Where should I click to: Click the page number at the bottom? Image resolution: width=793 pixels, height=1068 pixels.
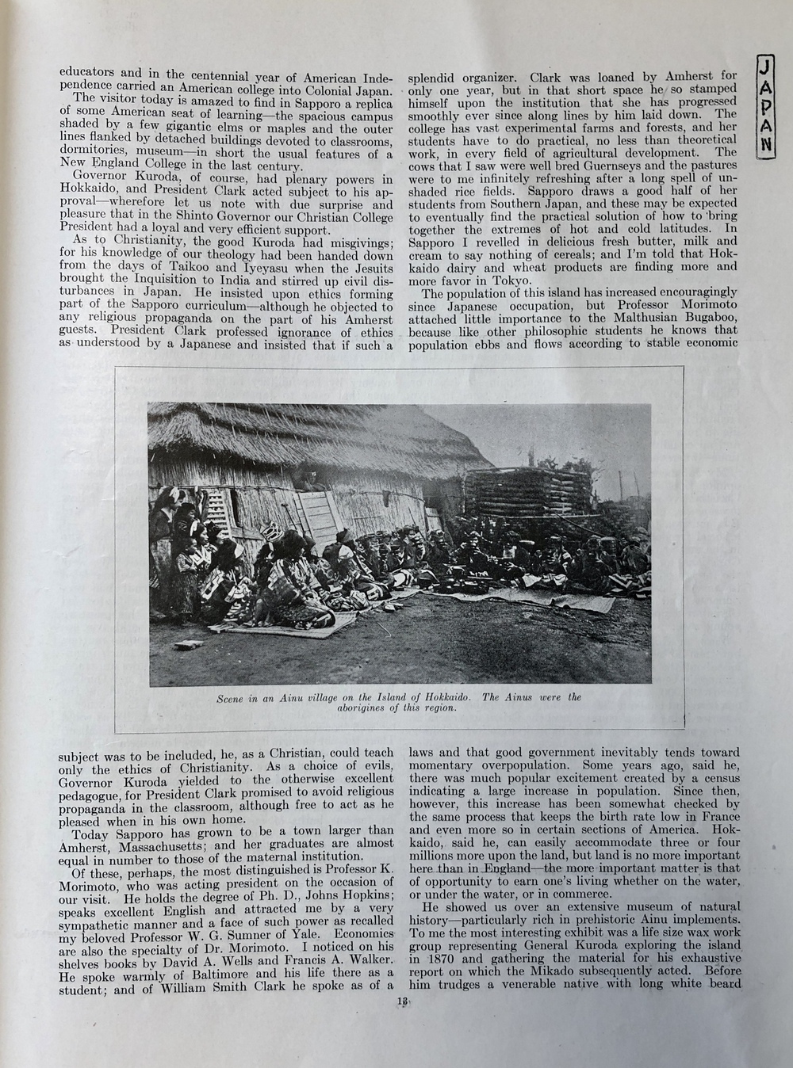tap(403, 1001)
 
